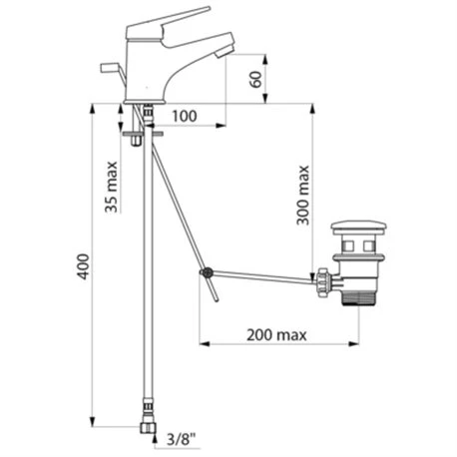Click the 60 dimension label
(x=256, y=79)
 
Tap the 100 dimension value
(x=185, y=116)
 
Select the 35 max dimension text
(x=112, y=187)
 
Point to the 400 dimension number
(x=83, y=266)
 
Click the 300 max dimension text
(x=302, y=195)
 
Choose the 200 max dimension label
(x=276, y=335)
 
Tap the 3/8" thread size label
(x=181, y=440)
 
